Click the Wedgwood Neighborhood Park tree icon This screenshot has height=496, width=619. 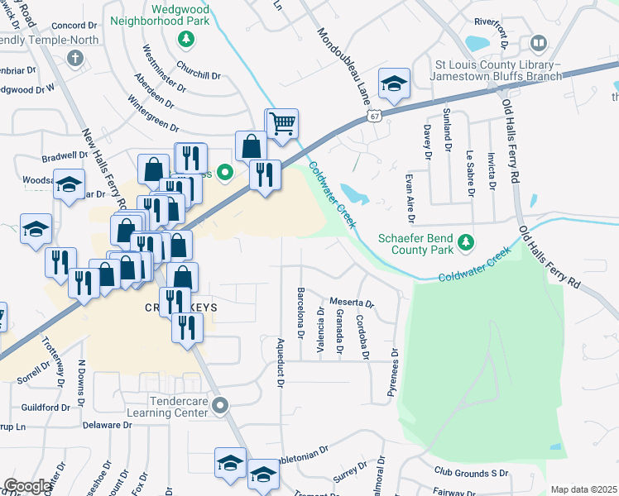tap(186, 39)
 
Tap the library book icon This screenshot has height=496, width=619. tap(538, 42)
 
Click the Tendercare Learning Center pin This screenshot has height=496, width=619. tap(219, 405)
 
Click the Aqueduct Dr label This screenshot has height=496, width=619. tap(281, 362)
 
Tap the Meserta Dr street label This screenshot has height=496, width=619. tap(353, 303)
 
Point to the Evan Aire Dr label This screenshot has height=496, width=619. tap(409, 198)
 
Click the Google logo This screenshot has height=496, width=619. tap(27, 486)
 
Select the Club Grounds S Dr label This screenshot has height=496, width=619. tap(471, 473)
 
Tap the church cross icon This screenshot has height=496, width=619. tap(75, 58)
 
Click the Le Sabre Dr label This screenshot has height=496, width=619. tap(469, 172)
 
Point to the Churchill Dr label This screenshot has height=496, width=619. tap(198, 75)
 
